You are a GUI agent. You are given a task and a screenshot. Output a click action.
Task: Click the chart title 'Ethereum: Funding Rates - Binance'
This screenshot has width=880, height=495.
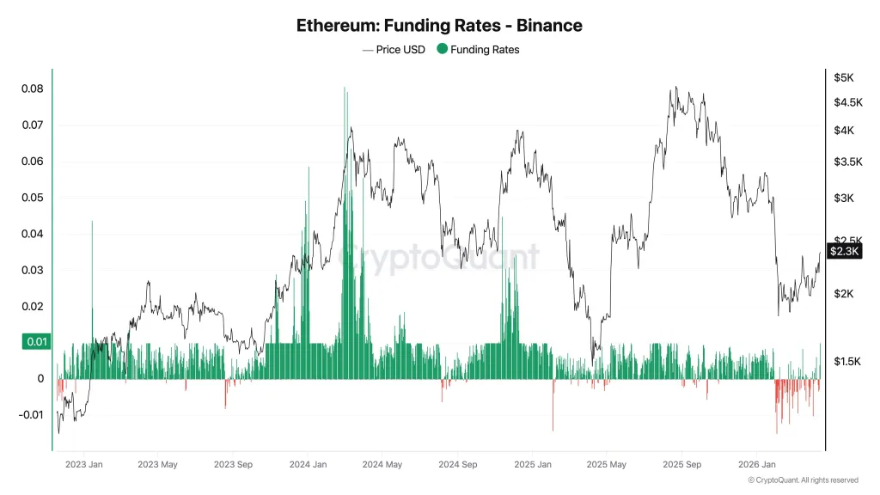pyautogui.click(x=439, y=25)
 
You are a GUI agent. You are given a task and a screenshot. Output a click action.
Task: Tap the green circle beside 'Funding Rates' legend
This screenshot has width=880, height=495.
pyautogui.click(x=443, y=50)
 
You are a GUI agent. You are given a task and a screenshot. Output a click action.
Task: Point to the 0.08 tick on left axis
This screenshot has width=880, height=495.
pyautogui.click(x=32, y=89)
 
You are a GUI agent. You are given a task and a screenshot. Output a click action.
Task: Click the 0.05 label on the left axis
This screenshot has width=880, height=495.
pyautogui.click(x=32, y=198)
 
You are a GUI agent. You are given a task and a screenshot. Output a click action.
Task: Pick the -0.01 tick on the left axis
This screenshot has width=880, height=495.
pyautogui.click(x=30, y=415)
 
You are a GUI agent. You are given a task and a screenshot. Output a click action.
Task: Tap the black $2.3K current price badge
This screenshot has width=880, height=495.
pyautogui.click(x=841, y=251)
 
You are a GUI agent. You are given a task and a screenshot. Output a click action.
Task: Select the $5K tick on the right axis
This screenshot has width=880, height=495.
pyautogui.click(x=843, y=77)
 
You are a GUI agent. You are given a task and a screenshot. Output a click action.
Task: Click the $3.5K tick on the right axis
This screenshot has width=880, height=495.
pyautogui.click(x=846, y=162)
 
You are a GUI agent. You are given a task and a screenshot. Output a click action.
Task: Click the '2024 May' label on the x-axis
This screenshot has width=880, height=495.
pyautogui.click(x=382, y=465)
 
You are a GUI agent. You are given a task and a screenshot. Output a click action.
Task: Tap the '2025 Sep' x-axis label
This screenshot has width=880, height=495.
pyautogui.click(x=681, y=465)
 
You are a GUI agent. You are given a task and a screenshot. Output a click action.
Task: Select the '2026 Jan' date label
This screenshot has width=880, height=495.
pyautogui.click(x=757, y=465)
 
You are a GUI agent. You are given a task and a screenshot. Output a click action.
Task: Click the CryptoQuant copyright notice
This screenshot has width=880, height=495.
pyautogui.click(x=803, y=480)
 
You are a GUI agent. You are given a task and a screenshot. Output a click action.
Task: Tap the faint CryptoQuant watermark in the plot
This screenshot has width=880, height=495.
pyautogui.click(x=439, y=256)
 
